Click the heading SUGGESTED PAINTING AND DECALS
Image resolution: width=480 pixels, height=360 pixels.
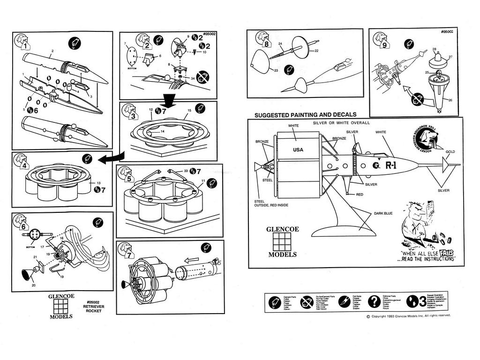305,114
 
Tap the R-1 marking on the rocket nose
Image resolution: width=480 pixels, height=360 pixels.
391,165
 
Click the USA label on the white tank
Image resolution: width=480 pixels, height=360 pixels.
298,150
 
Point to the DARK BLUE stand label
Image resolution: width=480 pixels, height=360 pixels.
383,213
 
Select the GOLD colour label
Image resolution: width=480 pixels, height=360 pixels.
450,152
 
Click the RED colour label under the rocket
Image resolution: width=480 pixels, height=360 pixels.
360,194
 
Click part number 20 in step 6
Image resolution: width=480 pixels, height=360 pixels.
33,285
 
